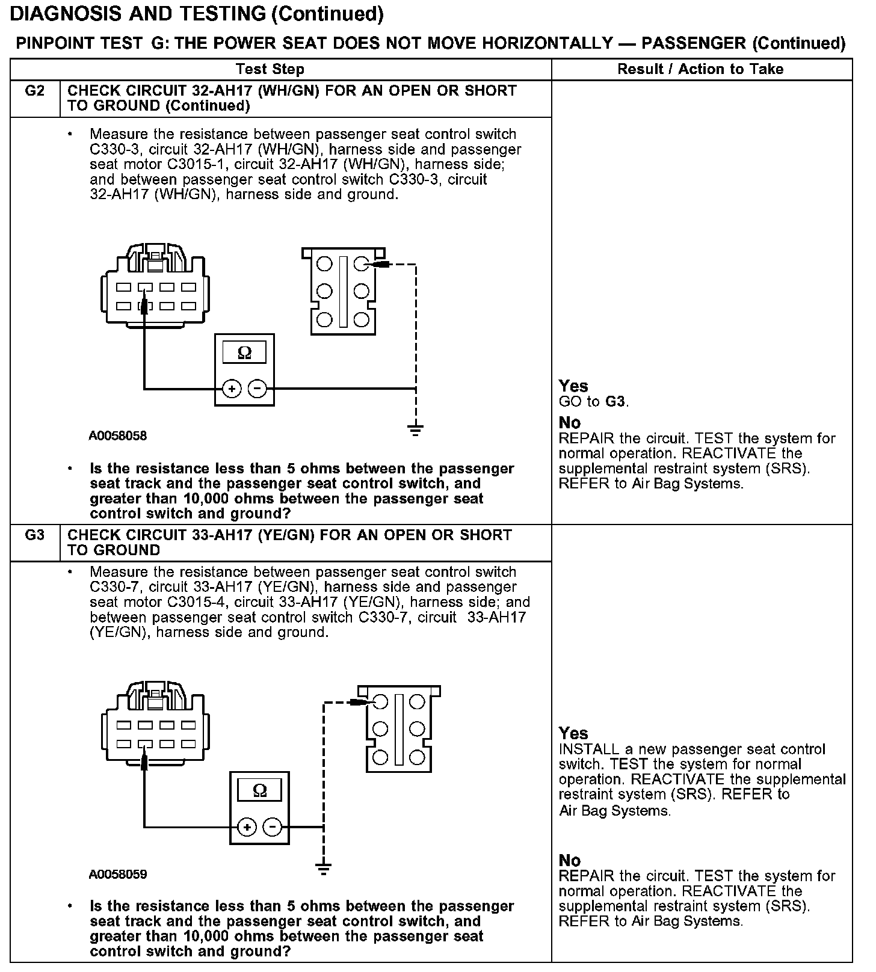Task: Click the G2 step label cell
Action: [35, 91]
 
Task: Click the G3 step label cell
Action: [35, 535]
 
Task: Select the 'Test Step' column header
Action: [270, 69]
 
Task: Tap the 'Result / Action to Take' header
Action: [700, 69]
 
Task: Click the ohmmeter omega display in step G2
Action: [244, 352]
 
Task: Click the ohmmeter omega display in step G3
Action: [259, 790]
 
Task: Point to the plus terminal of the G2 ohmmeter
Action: [232, 389]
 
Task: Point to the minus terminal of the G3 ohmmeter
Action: [273, 827]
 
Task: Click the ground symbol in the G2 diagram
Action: [415, 429]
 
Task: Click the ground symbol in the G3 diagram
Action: [324, 868]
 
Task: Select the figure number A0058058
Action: [118, 436]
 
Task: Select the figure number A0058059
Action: [118, 874]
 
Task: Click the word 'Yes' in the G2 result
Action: [573, 386]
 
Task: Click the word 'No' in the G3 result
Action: [569, 860]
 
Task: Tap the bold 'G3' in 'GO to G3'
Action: [615, 402]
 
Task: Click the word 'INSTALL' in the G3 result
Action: [588, 749]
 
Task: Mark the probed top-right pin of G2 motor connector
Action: [361, 263]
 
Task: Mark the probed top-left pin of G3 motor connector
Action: [380, 701]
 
